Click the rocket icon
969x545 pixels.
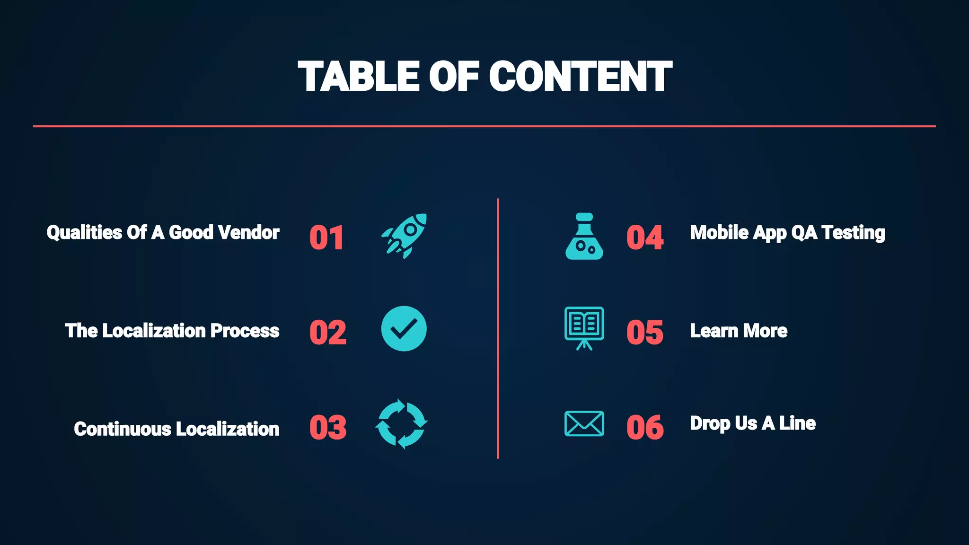point(405,235)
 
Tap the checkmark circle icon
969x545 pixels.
point(404,329)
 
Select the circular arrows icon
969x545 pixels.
point(402,424)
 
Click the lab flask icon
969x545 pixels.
point(584,237)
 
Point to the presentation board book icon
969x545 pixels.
point(584,328)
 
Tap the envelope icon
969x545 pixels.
point(584,423)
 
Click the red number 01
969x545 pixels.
point(326,237)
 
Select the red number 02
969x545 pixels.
point(328,332)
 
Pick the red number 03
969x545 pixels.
point(328,427)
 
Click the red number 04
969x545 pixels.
point(645,237)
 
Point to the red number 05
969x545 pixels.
point(645,332)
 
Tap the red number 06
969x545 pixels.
point(645,427)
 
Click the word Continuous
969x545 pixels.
point(123,429)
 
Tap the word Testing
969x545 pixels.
point(853,233)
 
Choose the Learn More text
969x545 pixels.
point(739,331)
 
